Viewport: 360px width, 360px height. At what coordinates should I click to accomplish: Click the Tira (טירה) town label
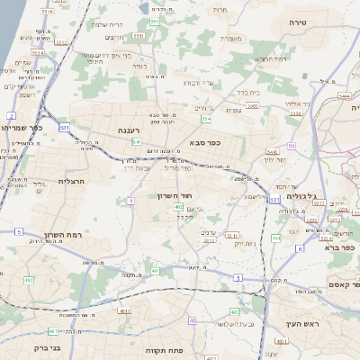pyautogui.click(x=299, y=20)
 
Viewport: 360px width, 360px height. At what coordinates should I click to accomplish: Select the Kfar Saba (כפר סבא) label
pyautogui.click(x=206, y=142)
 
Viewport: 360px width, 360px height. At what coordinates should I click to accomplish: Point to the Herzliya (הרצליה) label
pyautogui.click(x=70, y=181)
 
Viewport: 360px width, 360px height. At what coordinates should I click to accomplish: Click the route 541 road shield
pyautogui.click(x=137, y=141)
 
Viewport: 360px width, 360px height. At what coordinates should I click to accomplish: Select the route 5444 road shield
pyautogui.click(x=345, y=94)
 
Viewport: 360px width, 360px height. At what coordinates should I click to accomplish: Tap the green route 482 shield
pyautogui.click(x=29, y=281)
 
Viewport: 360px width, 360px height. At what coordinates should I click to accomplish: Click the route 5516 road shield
pyautogui.click(x=48, y=12)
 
